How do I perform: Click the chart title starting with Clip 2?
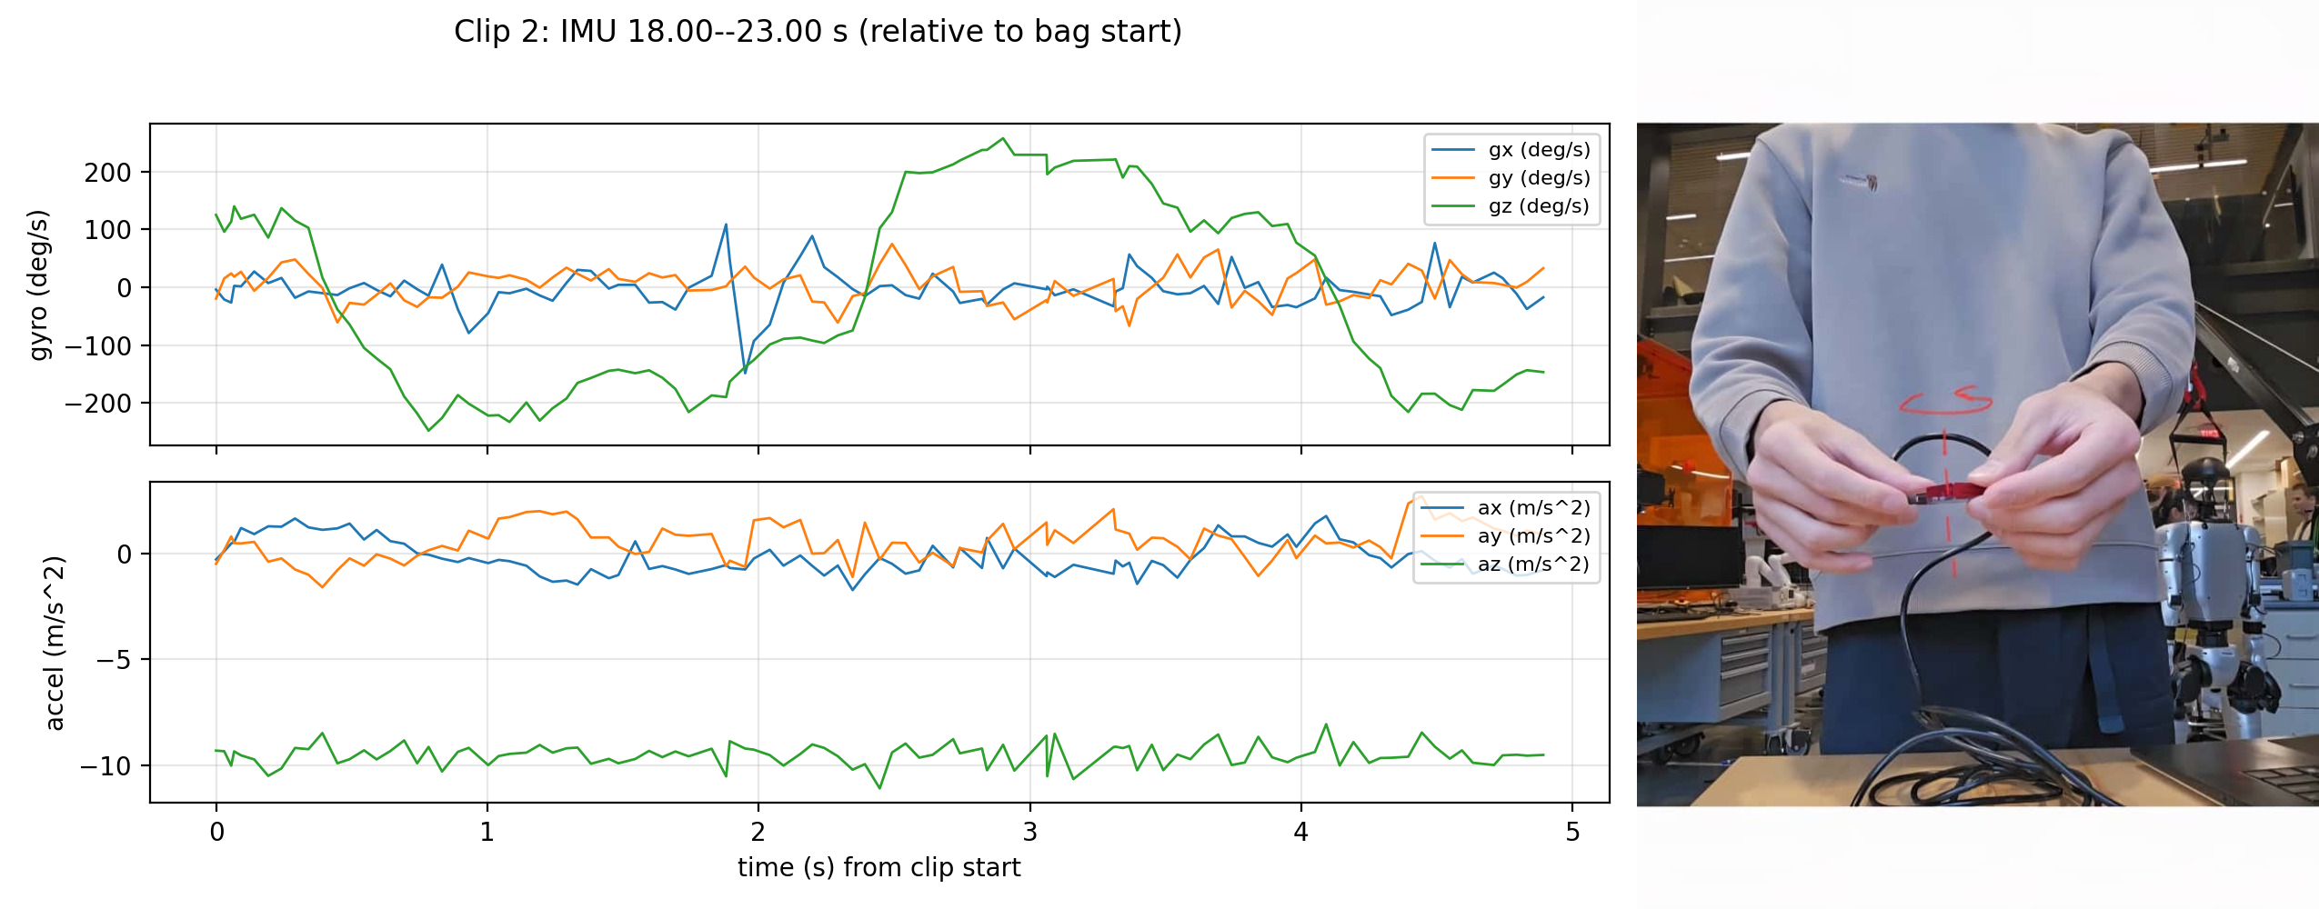(818, 32)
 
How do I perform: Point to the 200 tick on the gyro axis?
(108, 173)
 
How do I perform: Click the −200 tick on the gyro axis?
(98, 404)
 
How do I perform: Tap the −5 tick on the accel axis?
(114, 660)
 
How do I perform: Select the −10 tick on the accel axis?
(105, 766)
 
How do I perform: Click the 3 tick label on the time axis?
(1029, 833)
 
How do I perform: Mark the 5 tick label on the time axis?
(1572, 833)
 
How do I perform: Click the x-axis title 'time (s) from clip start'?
(878, 868)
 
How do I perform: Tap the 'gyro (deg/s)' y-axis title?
(39, 285)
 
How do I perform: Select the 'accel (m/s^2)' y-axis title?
(55, 644)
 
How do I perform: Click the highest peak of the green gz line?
(1003, 139)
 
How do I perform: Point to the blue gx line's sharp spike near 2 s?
(745, 372)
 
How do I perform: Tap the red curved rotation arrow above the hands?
(1946, 402)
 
